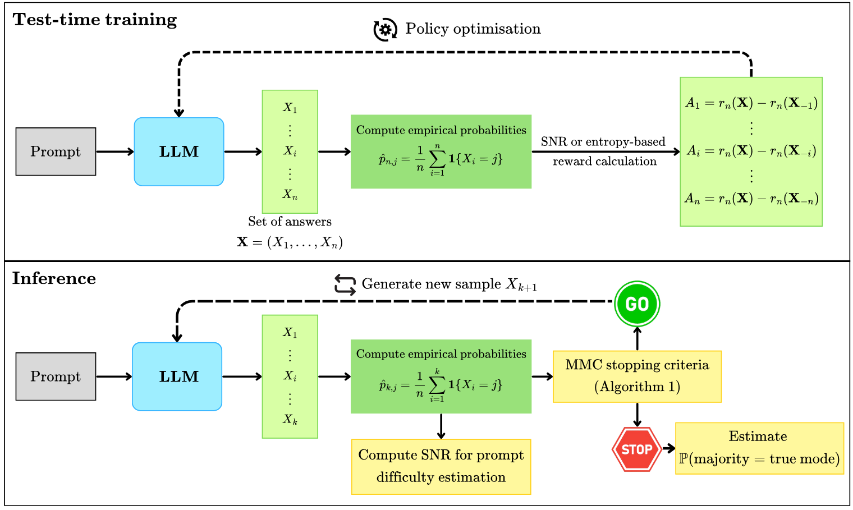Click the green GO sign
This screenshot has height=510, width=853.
[x=637, y=304]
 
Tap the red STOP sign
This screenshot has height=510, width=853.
[x=637, y=449]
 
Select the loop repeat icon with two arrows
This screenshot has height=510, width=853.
[x=345, y=285]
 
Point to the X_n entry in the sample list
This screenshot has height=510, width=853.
[x=290, y=195]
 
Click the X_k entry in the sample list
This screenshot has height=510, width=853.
[x=290, y=420]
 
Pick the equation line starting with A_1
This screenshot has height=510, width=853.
[x=751, y=103]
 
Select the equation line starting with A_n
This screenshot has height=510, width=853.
[x=751, y=199]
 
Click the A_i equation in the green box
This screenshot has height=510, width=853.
[x=751, y=151]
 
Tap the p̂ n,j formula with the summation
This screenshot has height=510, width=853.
[x=441, y=160]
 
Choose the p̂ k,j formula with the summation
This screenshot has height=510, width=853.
[x=441, y=385]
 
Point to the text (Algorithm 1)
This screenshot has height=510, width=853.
[x=637, y=387]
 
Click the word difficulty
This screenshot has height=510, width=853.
[x=409, y=477]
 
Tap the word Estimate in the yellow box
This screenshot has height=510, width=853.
[x=758, y=437]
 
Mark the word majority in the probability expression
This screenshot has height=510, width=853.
[x=721, y=460]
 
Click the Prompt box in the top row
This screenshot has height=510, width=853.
[x=56, y=151]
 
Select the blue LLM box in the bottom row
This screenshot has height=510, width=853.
[x=177, y=376]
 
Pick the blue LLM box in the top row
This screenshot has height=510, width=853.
[x=179, y=151]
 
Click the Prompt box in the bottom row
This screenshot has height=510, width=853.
[x=56, y=376]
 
